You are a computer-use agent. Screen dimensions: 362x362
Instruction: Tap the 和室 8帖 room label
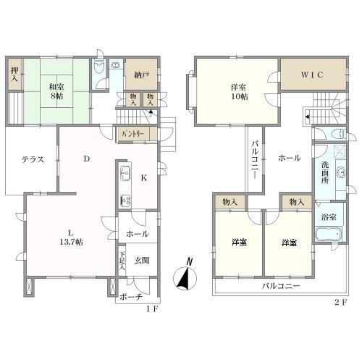[x=56, y=91]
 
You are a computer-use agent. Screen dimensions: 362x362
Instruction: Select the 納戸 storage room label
[x=141, y=75]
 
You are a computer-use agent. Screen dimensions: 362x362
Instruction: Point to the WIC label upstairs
[x=312, y=75]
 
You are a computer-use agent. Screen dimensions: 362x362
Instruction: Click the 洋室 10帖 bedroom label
[x=239, y=92]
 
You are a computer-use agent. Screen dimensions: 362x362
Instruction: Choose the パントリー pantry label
[x=133, y=134]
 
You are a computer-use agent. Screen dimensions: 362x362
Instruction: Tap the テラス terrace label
[x=33, y=159]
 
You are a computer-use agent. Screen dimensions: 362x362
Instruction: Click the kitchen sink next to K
[x=125, y=173]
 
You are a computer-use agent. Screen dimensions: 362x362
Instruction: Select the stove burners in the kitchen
[x=125, y=201]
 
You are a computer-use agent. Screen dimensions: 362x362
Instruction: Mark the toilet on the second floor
[x=340, y=134]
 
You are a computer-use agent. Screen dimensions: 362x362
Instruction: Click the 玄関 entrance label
[x=142, y=261]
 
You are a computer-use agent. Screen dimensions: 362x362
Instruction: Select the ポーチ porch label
[x=131, y=297]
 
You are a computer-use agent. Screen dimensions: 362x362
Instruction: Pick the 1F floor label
[x=152, y=309]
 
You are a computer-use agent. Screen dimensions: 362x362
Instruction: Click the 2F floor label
[x=340, y=303]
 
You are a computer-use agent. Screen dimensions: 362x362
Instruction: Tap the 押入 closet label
[x=14, y=75]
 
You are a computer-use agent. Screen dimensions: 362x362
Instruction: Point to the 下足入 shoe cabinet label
[x=122, y=261]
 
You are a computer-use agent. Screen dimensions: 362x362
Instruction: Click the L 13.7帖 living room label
[x=71, y=237]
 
